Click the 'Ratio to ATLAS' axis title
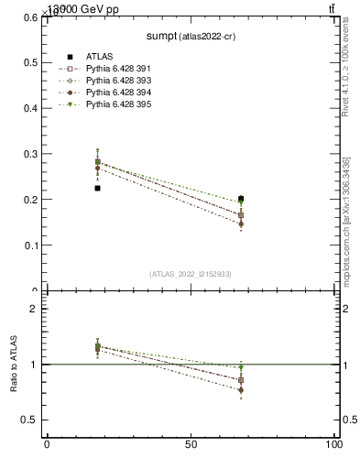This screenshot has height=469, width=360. click(14, 365)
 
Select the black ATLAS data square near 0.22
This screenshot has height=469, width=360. click(97, 188)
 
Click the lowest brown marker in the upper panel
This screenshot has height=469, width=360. click(241, 224)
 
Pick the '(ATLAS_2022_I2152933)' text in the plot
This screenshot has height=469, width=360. click(191, 273)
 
